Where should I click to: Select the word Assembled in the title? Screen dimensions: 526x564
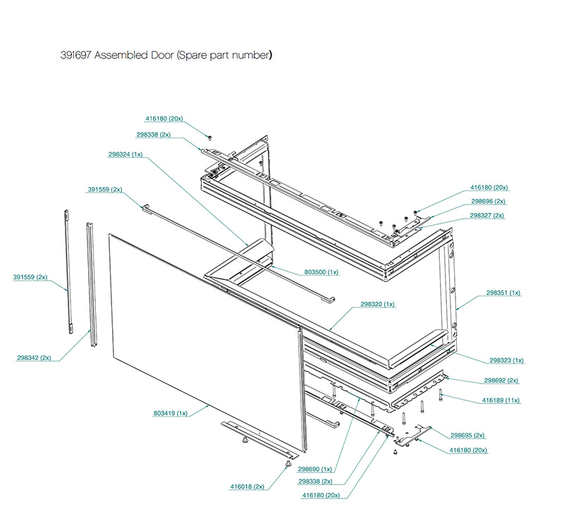121,55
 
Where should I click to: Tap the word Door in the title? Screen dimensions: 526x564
164,55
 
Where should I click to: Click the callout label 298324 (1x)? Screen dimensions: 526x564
125,154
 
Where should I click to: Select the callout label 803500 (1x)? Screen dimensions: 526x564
321,271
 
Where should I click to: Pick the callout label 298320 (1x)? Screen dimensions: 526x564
377,304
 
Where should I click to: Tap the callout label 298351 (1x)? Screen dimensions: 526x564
503,292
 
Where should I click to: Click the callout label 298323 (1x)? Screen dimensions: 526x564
507,360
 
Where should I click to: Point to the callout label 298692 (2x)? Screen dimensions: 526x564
501,380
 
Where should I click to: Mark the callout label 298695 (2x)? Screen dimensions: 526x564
467,435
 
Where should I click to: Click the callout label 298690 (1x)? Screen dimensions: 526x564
314,468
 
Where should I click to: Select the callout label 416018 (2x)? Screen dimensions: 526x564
247,487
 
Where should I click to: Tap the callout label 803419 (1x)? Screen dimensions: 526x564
170,412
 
